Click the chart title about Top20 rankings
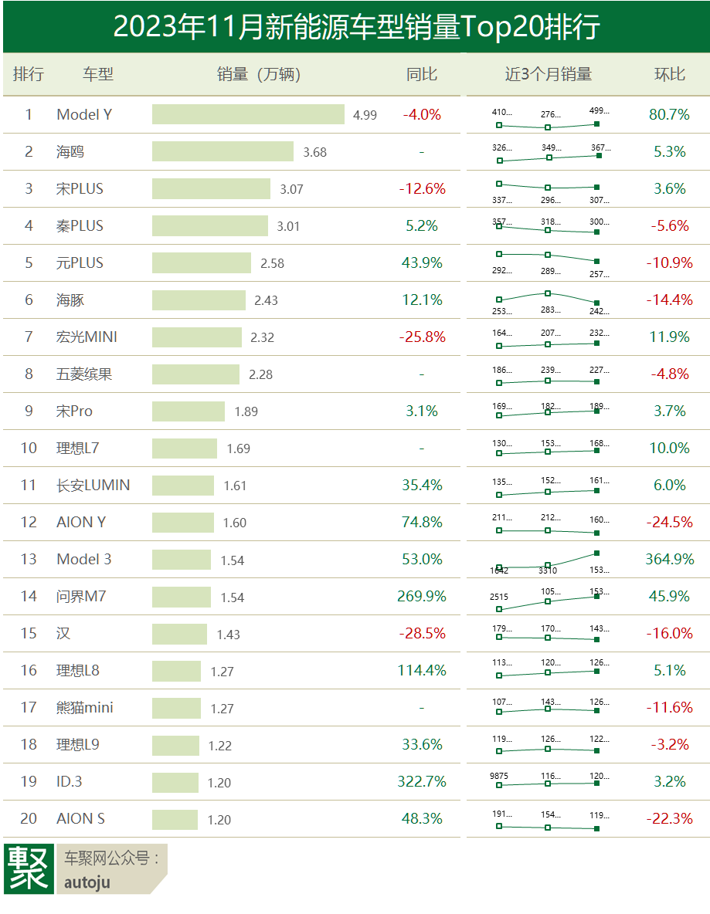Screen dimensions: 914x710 [x=356, y=27]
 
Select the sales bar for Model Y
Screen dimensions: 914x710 [x=248, y=114]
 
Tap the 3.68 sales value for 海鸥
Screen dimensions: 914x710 [x=314, y=152]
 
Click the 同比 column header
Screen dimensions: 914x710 [x=422, y=74]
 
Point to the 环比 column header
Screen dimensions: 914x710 [x=670, y=74]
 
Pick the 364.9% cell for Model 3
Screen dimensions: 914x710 [x=670, y=559]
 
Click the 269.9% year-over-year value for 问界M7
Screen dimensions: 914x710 [x=422, y=596]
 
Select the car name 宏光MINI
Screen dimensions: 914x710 [x=87, y=337]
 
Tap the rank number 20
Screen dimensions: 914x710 [x=29, y=818]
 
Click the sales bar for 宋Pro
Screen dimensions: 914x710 [x=189, y=411]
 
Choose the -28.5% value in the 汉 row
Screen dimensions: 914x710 [x=422, y=633]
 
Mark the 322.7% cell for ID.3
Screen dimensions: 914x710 [x=422, y=781]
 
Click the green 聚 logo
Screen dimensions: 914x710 [x=29, y=869]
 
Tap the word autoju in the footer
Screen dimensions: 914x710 [x=87, y=882]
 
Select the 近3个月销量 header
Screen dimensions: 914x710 [x=548, y=74]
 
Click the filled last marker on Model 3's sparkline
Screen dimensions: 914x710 [x=597, y=553]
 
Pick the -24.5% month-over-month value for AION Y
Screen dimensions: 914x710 [x=670, y=522]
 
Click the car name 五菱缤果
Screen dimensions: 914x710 [x=84, y=374]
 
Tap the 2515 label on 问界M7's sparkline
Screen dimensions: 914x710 [x=499, y=596]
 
